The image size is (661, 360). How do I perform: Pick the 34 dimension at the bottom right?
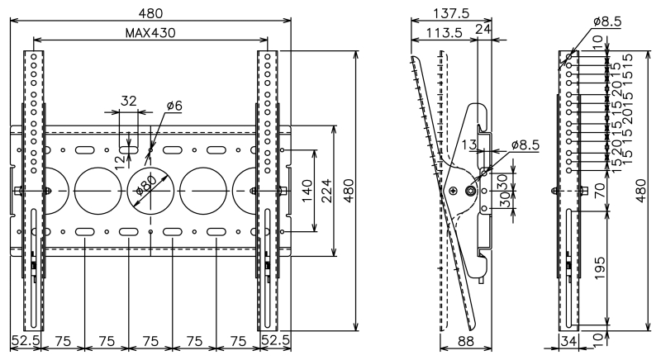568,340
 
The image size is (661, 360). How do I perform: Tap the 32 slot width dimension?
129,101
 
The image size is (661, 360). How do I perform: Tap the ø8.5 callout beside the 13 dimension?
525,145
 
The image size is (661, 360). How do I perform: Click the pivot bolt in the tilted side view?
471,191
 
